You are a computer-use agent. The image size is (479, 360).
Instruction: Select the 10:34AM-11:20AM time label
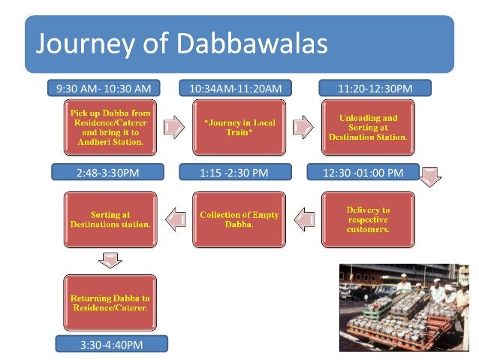point(235,89)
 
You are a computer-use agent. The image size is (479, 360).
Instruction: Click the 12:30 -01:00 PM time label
point(363,173)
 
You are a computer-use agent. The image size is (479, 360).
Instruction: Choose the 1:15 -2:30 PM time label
point(234,173)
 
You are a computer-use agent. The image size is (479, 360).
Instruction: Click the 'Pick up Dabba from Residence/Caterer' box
point(110,127)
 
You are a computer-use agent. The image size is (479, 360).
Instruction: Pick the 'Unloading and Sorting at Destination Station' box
point(367,127)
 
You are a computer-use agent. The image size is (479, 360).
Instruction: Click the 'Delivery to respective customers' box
point(367,219)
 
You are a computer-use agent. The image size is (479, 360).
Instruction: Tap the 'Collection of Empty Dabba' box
point(239,219)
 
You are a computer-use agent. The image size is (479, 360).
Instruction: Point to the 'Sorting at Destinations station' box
point(110,219)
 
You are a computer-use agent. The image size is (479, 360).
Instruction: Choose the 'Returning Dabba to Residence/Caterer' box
point(110,303)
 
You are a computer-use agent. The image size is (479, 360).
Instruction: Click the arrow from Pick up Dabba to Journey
point(173,127)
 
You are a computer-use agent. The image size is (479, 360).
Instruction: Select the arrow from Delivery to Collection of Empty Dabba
point(303,219)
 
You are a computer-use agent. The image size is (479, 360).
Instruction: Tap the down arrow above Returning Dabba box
point(110,260)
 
